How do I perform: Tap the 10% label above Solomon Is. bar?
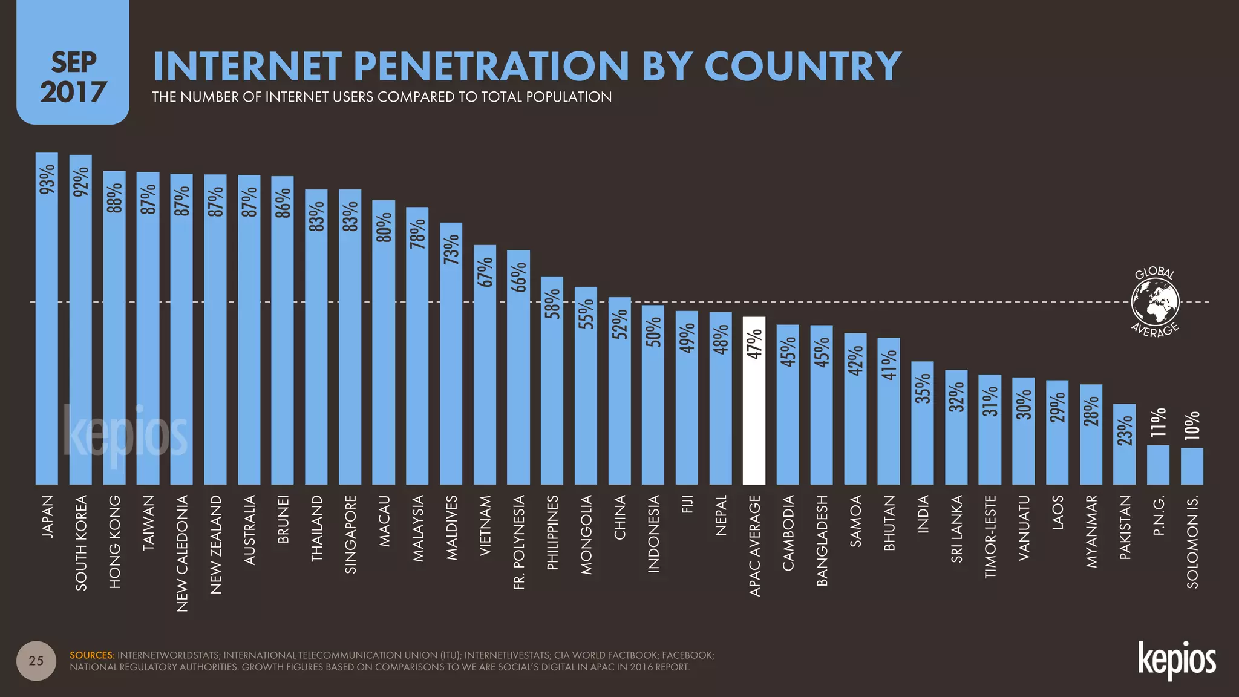(1192, 425)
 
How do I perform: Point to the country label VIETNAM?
(485, 526)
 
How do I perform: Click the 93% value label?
(47, 179)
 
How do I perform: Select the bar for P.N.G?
(1158, 465)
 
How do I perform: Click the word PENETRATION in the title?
(491, 66)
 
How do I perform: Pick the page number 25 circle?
(36, 661)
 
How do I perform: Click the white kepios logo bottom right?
(1177, 661)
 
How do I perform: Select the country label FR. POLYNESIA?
(519, 542)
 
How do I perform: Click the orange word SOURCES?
(92, 655)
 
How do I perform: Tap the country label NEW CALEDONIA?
(182, 553)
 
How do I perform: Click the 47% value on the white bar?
(754, 344)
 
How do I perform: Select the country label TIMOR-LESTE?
(990, 537)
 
